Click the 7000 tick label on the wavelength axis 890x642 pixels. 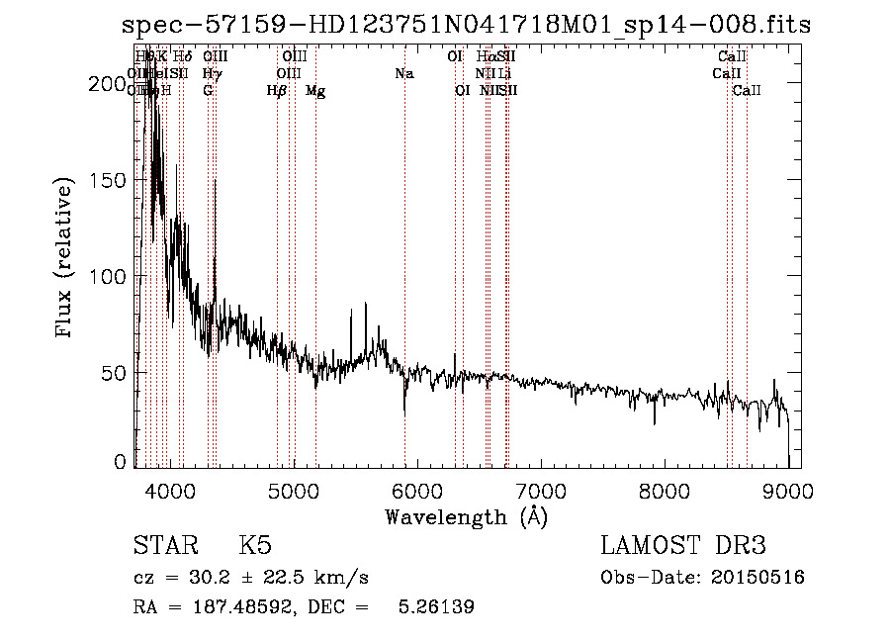(541, 491)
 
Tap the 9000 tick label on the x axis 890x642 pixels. (788, 491)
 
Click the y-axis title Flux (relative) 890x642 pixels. (66, 259)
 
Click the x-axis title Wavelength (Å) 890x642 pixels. (466, 516)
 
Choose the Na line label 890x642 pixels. (403, 74)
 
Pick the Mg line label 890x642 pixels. (315, 91)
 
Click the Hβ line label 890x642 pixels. (277, 91)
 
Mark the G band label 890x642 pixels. (208, 91)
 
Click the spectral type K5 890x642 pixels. (255, 546)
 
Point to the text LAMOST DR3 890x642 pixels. (682, 546)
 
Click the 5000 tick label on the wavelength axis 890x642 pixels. (294, 491)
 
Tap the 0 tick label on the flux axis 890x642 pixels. (121, 462)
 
